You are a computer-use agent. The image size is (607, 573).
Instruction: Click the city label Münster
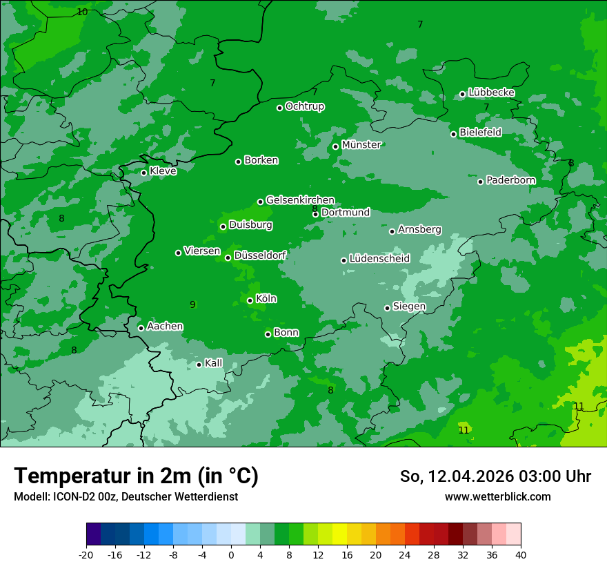[x=361, y=145]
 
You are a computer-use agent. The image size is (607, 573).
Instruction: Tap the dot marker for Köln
[x=250, y=300]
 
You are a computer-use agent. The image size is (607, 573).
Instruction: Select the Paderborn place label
[x=510, y=180]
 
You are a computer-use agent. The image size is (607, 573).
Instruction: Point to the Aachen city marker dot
[x=141, y=328]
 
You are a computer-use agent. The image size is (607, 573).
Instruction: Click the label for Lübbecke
[x=491, y=93]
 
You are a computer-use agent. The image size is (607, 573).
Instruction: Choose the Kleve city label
[x=163, y=171]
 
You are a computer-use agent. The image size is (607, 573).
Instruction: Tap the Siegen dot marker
[x=387, y=308]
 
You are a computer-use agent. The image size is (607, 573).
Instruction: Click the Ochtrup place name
[x=304, y=106]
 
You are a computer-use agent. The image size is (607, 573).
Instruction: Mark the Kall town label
[x=214, y=363]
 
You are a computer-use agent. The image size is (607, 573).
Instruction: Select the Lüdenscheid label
[x=379, y=259]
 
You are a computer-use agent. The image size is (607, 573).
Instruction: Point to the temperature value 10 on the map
[x=82, y=12]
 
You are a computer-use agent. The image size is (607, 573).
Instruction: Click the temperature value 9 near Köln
[x=192, y=304]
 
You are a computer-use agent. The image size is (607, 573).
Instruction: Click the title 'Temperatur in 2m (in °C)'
[x=136, y=476]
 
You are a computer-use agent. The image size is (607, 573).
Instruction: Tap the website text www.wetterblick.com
[x=497, y=496]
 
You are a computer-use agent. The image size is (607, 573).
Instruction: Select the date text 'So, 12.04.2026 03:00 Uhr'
[x=495, y=476]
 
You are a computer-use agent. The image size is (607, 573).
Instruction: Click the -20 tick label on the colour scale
[x=86, y=554]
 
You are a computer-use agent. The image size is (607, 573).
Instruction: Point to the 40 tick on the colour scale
[x=521, y=554]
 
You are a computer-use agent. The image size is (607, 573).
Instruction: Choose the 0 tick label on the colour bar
[x=231, y=554]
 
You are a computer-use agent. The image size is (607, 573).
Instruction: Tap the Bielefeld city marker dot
[x=453, y=134]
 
